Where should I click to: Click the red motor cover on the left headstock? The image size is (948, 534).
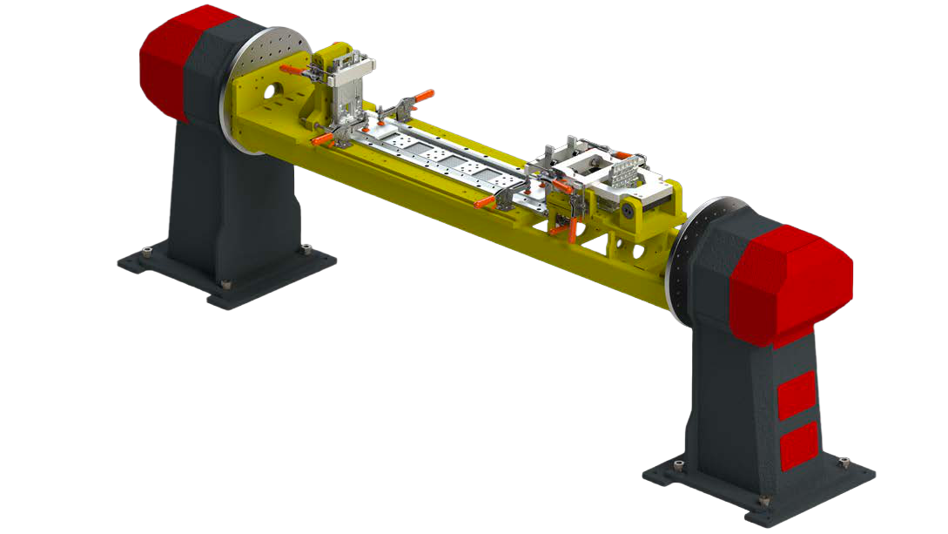(x=170, y=61)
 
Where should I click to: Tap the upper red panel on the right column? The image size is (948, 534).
(x=797, y=395)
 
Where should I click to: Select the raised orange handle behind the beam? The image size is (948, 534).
(x=423, y=95)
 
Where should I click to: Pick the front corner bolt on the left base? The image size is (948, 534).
(x=226, y=285)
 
